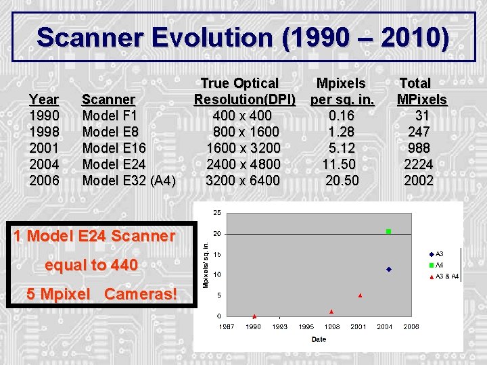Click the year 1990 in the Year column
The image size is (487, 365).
pyautogui.click(x=43, y=116)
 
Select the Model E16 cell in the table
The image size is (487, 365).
pyautogui.click(x=114, y=148)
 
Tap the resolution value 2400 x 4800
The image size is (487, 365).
pyautogui.click(x=243, y=164)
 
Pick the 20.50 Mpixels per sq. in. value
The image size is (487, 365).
pyautogui.click(x=342, y=180)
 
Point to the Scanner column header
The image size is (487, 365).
pyautogui.click(x=108, y=99)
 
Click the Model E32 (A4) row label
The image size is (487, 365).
pyautogui.click(x=129, y=180)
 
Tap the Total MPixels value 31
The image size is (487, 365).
pyautogui.click(x=422, y=116)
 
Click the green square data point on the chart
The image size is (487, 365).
pyautogui.click(x=388, y=232)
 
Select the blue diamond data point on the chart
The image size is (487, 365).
pyautogui.click(x=388, y=269)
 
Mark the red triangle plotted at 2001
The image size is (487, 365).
pyautogui.click(x=360, y=295)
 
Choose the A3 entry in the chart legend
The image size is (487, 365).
pyautogui.click(x=439, y=254)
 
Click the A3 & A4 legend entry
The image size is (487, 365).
pyautogui.click(x=446, y=276)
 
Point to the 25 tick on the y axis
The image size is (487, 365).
pyautogui.click(x=216, y=213)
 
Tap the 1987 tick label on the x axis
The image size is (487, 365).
pyautogui.click(x=227, y=326)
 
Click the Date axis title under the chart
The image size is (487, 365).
pyautogui.click(x=319, y=339)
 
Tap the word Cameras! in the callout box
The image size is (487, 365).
pyautogui.click(x=141, y=294)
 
